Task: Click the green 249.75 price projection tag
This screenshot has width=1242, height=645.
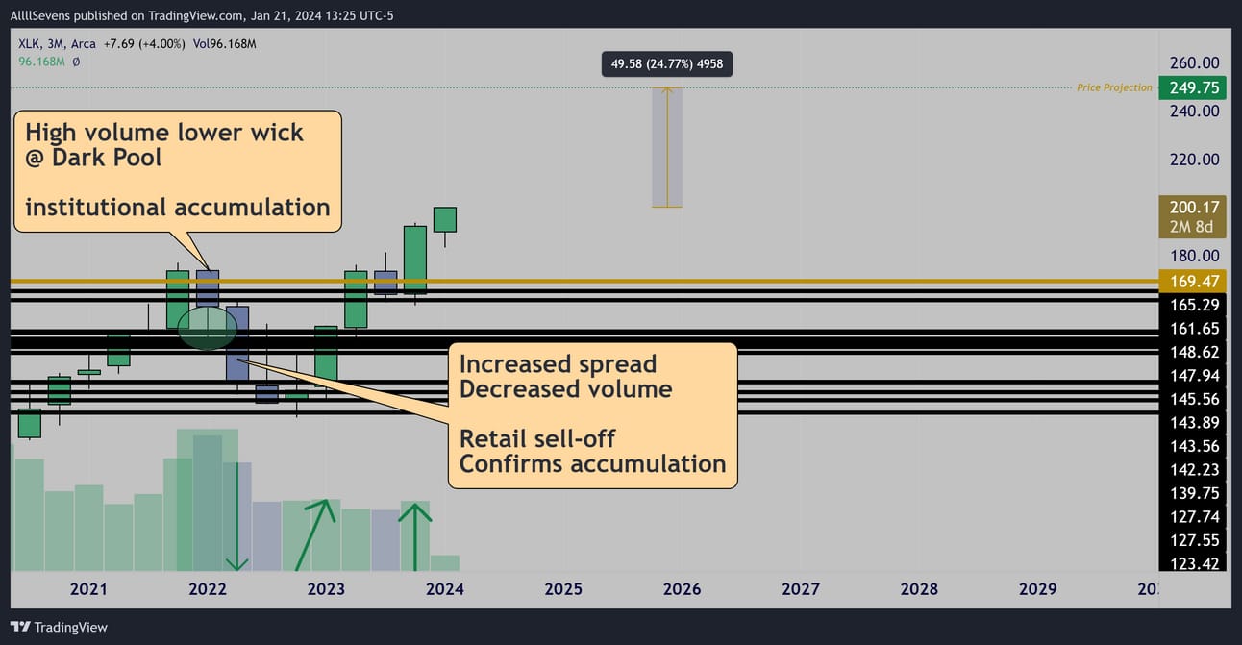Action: [1192, 87]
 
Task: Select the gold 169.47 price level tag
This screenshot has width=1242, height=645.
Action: [1192, 282]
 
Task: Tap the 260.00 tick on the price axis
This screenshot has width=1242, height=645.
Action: [1194, 62]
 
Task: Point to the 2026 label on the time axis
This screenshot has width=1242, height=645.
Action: [682, 588]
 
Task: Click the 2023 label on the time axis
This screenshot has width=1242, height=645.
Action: [326, 588]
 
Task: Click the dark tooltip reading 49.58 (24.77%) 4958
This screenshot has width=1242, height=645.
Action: [667, 63]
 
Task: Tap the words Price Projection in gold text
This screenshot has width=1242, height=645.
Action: [1114, 87]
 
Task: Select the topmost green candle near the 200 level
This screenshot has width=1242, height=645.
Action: [445, 219]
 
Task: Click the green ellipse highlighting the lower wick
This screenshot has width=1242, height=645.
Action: [208, 328]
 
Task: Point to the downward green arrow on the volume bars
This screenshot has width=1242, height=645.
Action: [237, 517]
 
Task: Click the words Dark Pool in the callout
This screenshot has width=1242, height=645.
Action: [107, 158]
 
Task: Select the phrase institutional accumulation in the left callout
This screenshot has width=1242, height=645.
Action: [178, 208]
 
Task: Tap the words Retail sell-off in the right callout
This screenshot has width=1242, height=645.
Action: [536, 438]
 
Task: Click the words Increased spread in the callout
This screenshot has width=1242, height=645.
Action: [558, 364]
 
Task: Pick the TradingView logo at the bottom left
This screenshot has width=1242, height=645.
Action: [59, 627]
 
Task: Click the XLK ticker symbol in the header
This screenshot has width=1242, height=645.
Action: [29, 44]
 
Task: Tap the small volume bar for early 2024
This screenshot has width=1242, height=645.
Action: [445, 563]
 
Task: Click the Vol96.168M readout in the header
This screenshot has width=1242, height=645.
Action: [225, 44]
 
